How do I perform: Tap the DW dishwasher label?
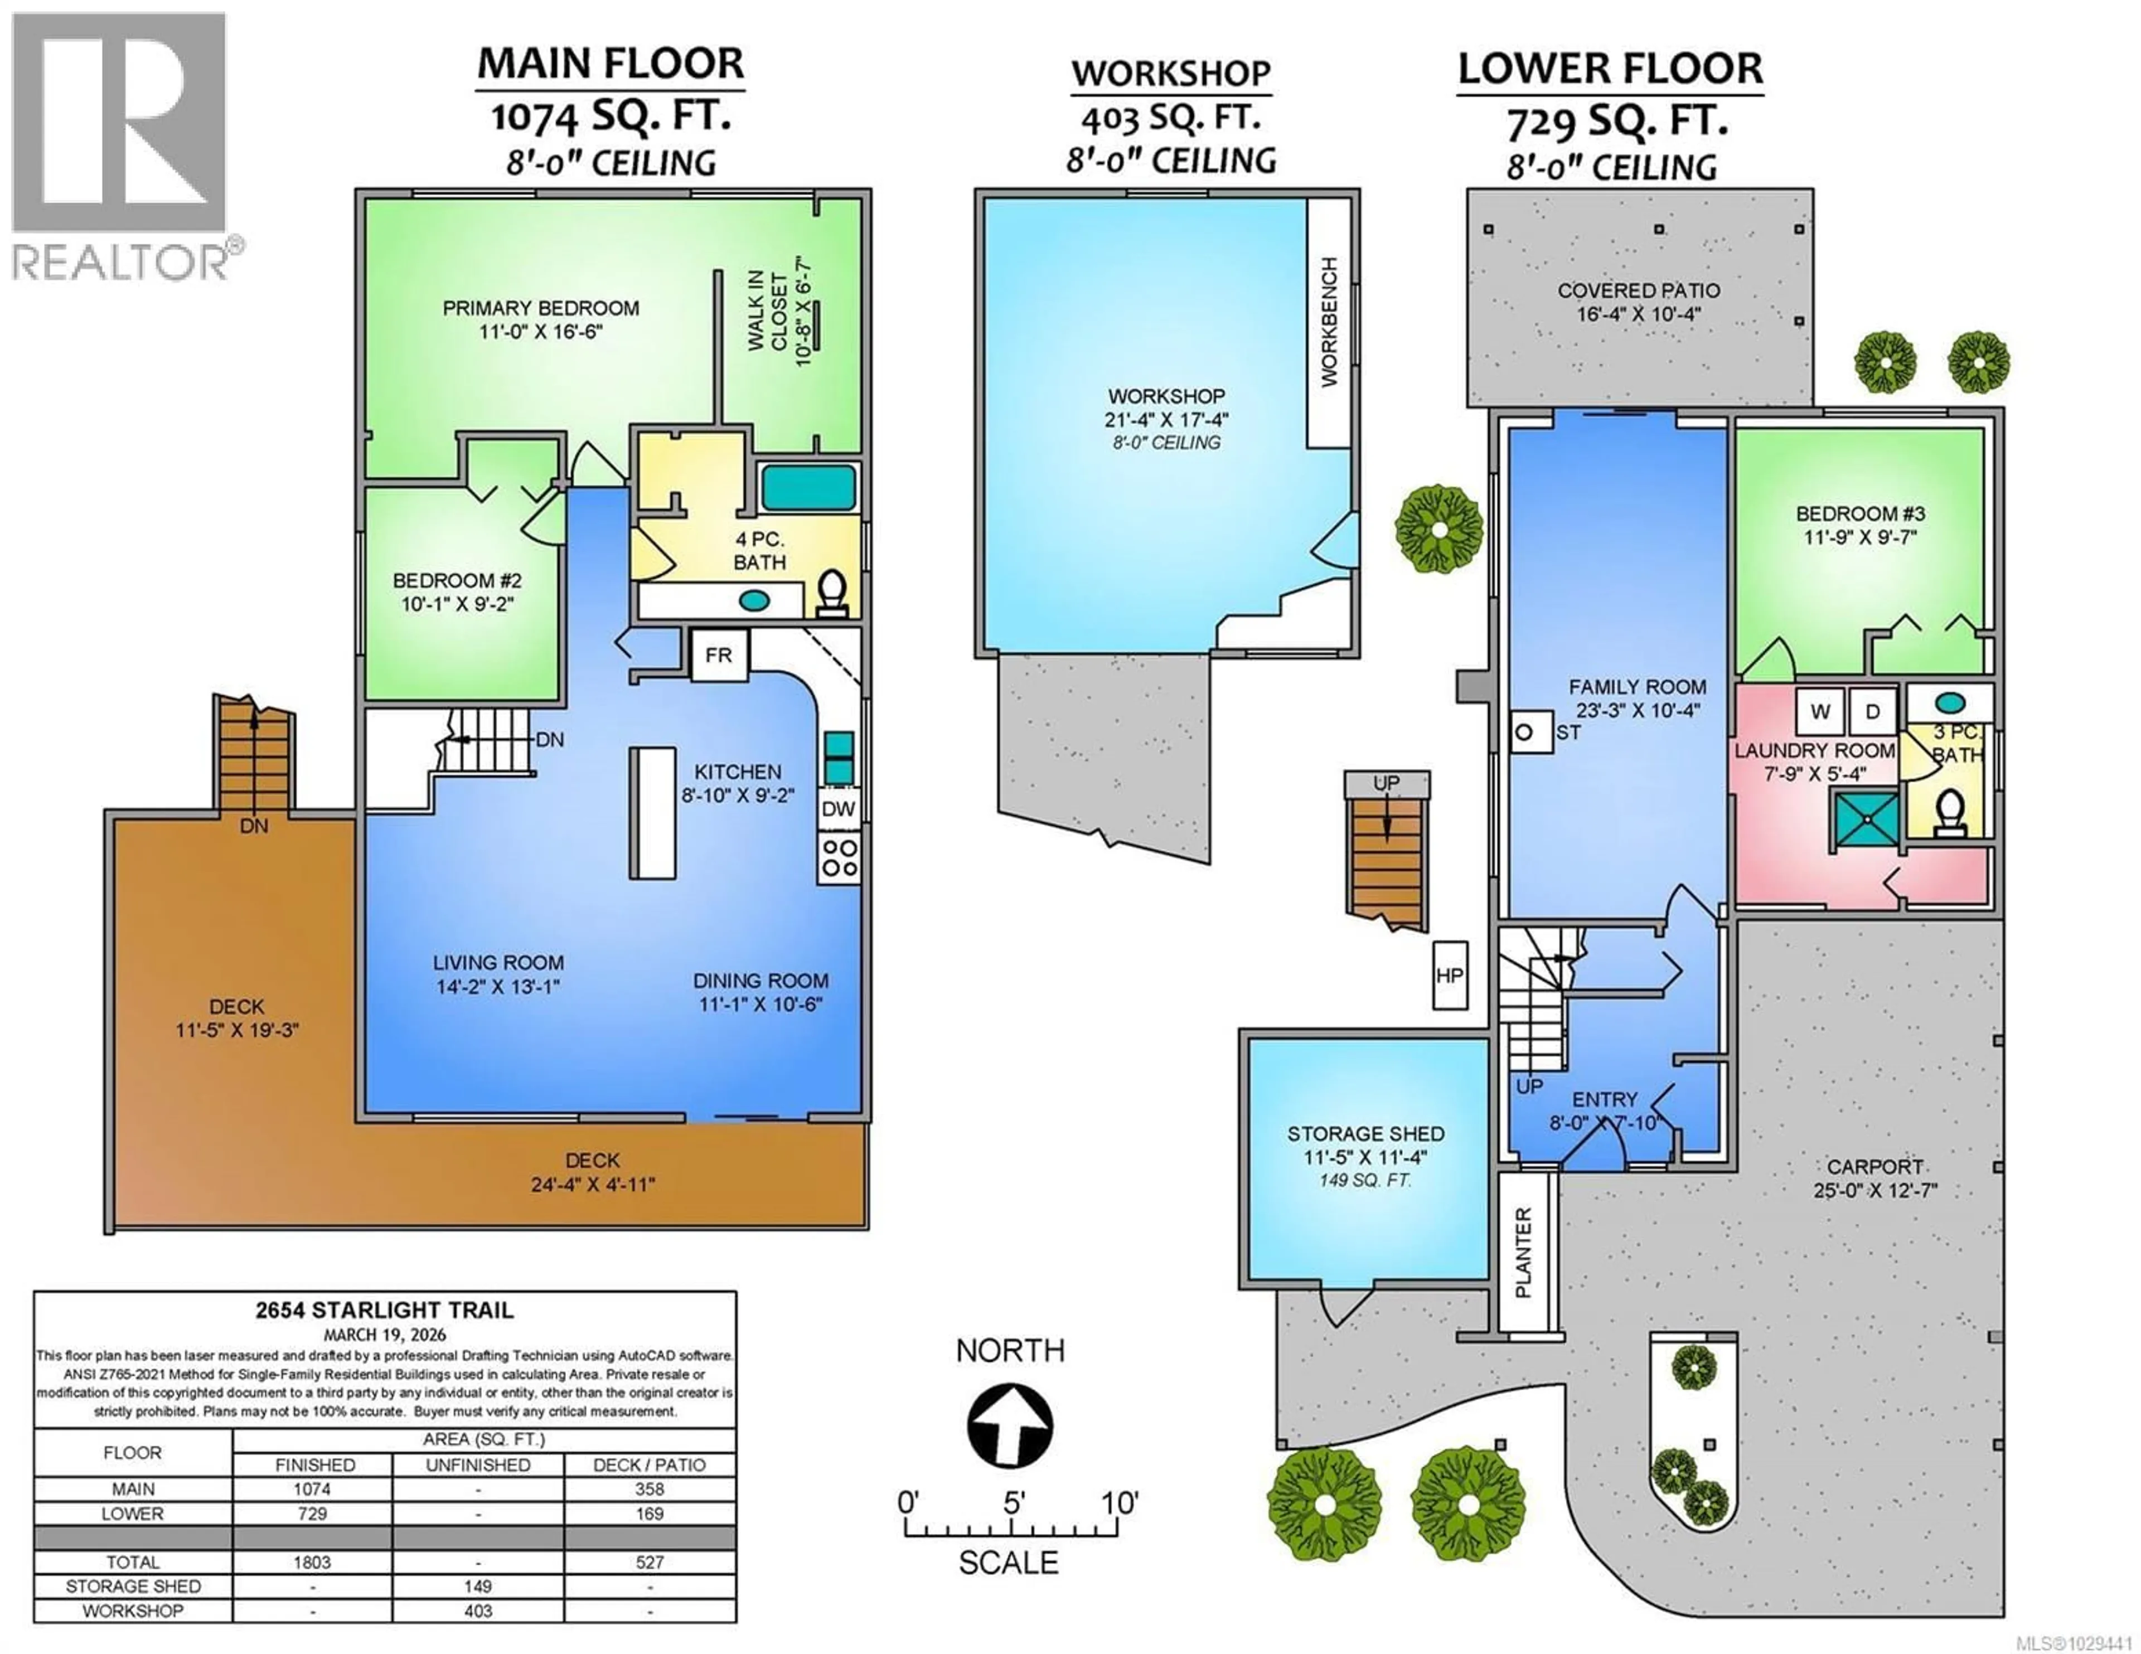click(838, 809)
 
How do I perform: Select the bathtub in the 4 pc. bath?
click(808, 487)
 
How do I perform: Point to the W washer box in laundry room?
click(1820, 712)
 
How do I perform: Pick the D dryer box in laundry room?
click(1872, 712)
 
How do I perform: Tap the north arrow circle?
click(1010, 1427)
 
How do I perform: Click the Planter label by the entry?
click(1523, 1253)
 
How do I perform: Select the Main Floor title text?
click(610, 64)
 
